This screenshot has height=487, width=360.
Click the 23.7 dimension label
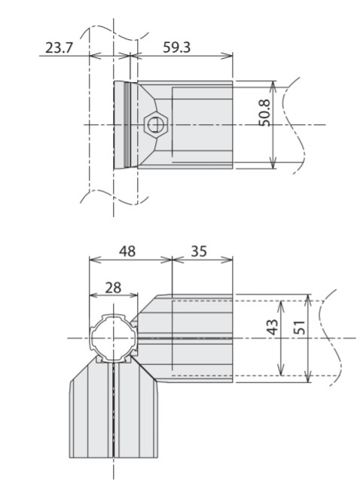pos(59,48)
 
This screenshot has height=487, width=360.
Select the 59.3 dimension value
pos(176,47)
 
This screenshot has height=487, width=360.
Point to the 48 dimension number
pos(127,251)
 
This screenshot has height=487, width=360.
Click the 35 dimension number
pos(199,251)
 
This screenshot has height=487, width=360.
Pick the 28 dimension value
pos(113,288)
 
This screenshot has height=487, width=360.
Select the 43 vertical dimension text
pos(273,327)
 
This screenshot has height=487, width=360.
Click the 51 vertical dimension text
pos(300,327)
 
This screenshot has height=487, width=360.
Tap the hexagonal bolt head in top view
pos(156,125)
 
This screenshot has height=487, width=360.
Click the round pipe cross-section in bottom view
pos(113,338)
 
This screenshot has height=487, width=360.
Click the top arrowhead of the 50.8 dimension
pos(273,87)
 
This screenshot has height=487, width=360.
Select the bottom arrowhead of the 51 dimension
pos(307,376)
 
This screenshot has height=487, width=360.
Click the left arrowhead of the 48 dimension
pos(96,260)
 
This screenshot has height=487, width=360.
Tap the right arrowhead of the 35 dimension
pos(227,260)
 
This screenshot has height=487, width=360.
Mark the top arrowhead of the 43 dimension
pos(281,307)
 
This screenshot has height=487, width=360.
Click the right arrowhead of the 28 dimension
pos(132,294)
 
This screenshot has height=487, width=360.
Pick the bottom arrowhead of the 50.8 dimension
pos(273,163)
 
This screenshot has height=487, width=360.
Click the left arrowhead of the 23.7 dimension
pos(96,56)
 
